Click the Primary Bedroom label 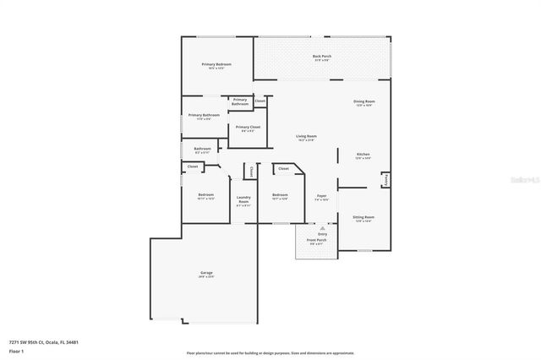tap(216, 64)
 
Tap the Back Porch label tap(322, 57)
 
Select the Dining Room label tap(364, 101)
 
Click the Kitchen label tap(363, 155)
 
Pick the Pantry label tap(385, 179)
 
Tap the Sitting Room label tap(363, 217)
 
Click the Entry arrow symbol tap(322, 228)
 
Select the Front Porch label tap(317, 239)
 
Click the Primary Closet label tap(249, 127)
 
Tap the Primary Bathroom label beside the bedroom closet tap(240, 101)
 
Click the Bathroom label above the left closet tap(202, 150)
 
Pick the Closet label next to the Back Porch tap(260, 101)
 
